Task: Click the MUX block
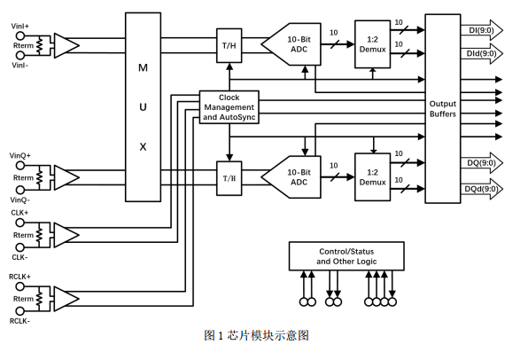coord(143,107)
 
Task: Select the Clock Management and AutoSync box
coord(229,107)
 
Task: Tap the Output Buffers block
coord(442,108)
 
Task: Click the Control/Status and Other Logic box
coord(346,256)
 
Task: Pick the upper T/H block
coord(229,45)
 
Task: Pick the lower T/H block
coord(229,178)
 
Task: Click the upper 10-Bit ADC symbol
coord(291,44)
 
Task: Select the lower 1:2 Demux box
coord(372,177)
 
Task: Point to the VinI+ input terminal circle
coord(20,35)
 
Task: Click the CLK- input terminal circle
coord(20,247)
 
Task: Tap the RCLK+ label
coord(19,277)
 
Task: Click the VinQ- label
coord(19,200)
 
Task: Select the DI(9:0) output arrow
coord(482,30)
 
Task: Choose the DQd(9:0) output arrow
coord(482,189)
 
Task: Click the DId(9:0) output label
coord(481,53)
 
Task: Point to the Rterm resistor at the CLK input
coord(39,235)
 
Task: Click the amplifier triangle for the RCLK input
coord(66,299)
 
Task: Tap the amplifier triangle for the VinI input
coord(66,45)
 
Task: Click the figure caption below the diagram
coord(256,335)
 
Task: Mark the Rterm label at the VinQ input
coord(24,177)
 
